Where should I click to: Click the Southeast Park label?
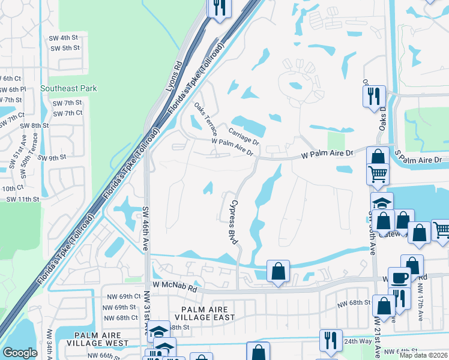(68, 88)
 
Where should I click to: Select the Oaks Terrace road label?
(205, 118)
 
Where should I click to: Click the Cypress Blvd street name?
(232, 221)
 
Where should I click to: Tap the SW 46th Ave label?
(145, 229)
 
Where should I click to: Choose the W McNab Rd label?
(175, 287)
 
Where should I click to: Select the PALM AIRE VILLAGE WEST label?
(101, 339)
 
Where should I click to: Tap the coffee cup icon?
(400, 278)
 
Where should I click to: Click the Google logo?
(20, 353)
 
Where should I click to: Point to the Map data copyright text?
(423, 355)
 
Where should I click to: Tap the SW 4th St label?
(65, 38)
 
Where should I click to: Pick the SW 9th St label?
(51, 158)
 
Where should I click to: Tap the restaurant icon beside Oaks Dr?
(374, 96)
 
